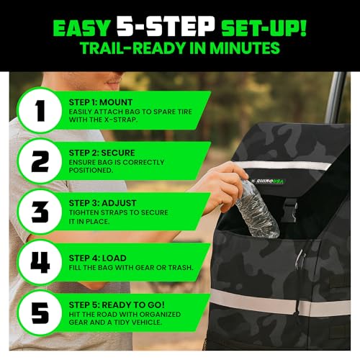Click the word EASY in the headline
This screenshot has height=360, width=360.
[81, 28]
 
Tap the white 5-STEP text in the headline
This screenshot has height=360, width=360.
[166, 27]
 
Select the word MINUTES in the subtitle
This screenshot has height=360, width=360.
[245, 48]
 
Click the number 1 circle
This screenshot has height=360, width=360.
[40, 110]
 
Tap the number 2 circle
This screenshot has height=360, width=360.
[40, 161]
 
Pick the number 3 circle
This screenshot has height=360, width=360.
[40, 212]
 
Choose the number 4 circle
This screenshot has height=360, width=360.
[40, 262]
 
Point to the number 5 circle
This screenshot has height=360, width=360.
[40, 313]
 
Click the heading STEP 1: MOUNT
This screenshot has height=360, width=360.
[101, 102]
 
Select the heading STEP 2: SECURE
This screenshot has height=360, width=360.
[102, 153]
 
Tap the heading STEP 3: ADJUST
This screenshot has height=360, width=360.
[102, 203]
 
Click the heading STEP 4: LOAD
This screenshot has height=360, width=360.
[97, 258]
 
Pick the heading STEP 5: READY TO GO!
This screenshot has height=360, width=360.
[117, 305]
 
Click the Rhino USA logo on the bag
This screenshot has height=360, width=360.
[268, 181]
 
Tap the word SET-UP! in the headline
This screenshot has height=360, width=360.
[264, 28]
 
